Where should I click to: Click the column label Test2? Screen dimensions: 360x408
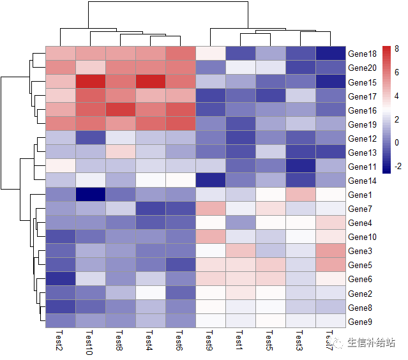point(59,341)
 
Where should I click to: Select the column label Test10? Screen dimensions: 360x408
point(89,343)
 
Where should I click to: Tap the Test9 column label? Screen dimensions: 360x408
point(209,341)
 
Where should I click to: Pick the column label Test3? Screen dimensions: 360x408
point(299,341)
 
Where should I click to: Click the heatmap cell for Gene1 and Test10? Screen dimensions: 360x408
point(91,194)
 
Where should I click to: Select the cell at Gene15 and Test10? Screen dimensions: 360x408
point(91,82)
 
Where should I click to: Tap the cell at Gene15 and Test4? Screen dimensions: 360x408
point(151,82)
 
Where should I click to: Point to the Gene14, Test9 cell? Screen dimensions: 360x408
point(211,180)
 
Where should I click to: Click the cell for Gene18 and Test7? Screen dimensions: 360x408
point(331,54)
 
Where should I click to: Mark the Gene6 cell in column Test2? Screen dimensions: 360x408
point(61,278)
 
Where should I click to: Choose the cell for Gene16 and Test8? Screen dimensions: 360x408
point(121,110)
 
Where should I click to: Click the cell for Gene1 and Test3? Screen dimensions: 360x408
point(301,194)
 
